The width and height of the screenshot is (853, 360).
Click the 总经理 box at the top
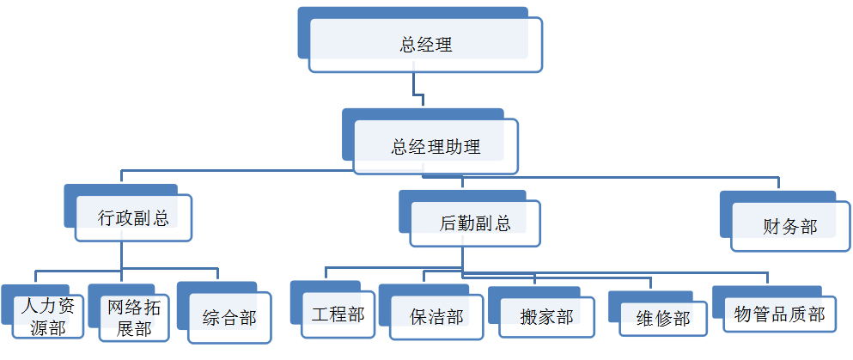point(425,45)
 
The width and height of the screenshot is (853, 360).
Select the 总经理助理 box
point(436,146)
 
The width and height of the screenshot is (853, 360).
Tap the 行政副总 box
point(133,217)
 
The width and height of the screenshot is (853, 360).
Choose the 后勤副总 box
point(474,223)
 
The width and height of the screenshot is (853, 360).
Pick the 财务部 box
point(789,227)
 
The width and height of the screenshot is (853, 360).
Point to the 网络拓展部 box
point(132,317)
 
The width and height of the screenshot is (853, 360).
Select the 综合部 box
point(228,317)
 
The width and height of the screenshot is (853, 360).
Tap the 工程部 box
point(338,314)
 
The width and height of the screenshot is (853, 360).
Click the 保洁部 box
point(436,317)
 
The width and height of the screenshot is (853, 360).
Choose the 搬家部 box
point(546,317)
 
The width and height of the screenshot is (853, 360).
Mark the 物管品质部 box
point(779,314)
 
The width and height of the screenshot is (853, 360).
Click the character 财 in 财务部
point(771,227)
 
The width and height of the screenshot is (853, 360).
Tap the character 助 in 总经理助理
point(454,146)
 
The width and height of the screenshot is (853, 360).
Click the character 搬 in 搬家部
point(529,317)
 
